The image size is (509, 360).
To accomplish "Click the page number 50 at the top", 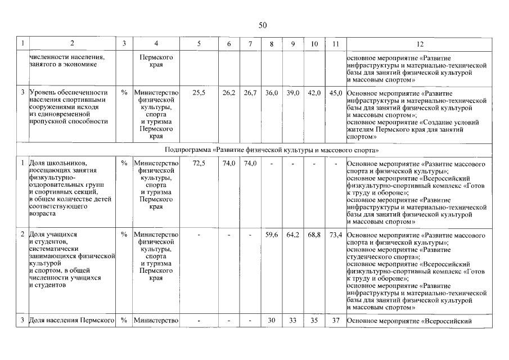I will (263, 25).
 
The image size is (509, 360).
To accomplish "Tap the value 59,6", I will (272, 234).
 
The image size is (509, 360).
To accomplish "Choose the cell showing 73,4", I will (336, 234).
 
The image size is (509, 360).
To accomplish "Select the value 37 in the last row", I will (336, 321).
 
